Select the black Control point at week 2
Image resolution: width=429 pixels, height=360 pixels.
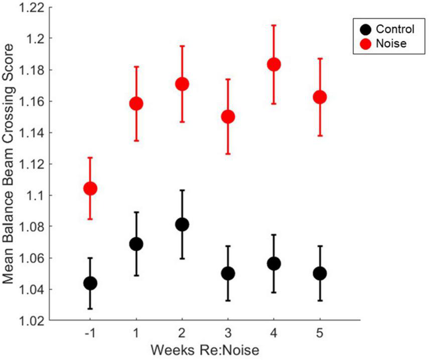click(x=182, y=224)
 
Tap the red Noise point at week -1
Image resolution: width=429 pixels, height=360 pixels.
click(x=90, y=189)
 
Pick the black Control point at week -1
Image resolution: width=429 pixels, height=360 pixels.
click(x=90, y=283)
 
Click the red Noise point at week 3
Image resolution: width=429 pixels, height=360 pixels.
click(x=228, y=116)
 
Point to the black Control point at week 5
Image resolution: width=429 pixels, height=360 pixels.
click(x=320, y=273)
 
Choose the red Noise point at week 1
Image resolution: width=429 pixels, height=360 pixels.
click(x=136, y=103)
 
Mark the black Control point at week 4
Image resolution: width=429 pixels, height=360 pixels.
click(x=273, y=264)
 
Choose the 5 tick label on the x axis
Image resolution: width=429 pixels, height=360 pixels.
click(x=320, y=333)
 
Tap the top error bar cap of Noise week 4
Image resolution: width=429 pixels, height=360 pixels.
click(x=273, y=25)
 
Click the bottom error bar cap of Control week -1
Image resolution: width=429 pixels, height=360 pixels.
click(x=90, y=308)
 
